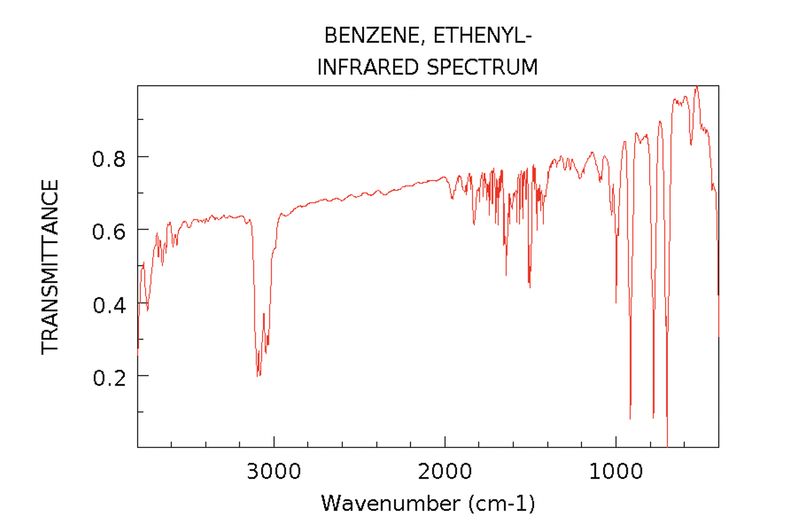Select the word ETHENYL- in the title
point(482,36)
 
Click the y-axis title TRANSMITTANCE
point(50,267)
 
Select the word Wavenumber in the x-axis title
point(390,503)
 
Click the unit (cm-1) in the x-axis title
point(502,503)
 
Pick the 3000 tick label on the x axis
point(274,471)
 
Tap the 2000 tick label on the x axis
point(445,471)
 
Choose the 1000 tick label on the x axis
point(616,471)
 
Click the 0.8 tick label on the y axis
point(109,159)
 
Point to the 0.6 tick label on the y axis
point(109,232)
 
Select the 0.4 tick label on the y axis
point(109,305)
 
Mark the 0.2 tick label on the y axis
point(109,378)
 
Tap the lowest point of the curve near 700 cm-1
point(668,446)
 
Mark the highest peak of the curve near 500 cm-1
point(697,87)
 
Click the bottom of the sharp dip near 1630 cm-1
point(506,275)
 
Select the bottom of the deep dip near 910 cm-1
point(630,419)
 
